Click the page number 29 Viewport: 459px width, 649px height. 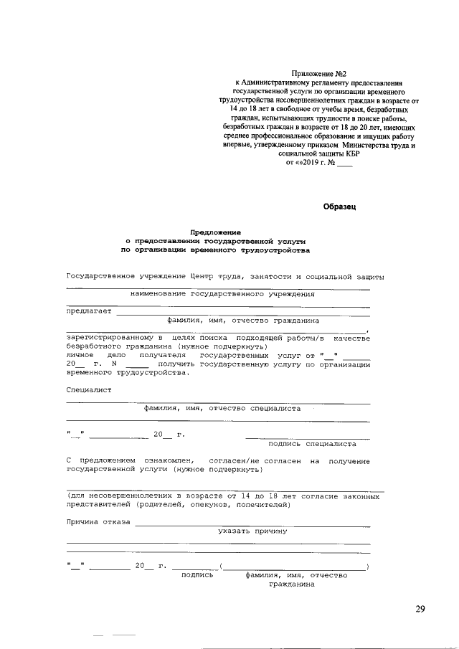pyautogui.click(x=420, y=610)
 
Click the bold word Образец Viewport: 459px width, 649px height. pyautogui.click(x=340, y=207)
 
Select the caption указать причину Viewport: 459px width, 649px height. pyautogui.click(x=252, y=531)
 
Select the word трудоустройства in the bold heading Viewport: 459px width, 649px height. pyautogui.click(x=275, y=251)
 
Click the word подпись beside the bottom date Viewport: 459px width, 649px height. pyautogui.click(x=197, y=575)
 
